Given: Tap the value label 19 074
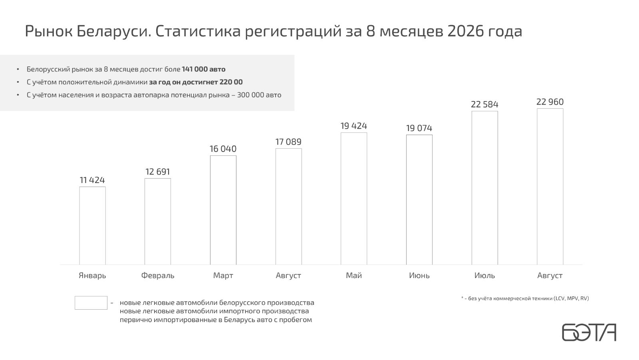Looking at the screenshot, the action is click(419, 128).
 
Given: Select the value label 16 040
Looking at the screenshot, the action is click(223, 149).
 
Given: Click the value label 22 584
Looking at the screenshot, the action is click(485, 104).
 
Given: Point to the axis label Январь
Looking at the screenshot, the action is click(92, 276).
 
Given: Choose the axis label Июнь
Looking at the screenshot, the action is click(419, 276).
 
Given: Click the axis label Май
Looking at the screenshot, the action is click(354, 276).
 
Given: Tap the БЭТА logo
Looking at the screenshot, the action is click(589, 332).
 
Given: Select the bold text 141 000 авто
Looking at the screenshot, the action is click(204, 69).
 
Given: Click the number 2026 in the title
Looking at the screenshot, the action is click(466, 31).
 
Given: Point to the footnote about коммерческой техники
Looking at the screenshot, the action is click(525, 298).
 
